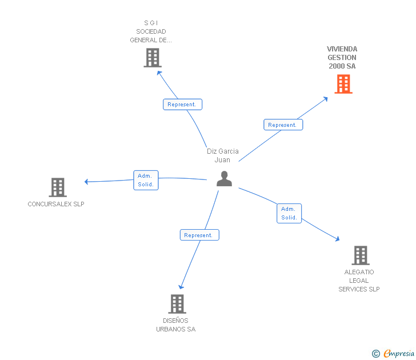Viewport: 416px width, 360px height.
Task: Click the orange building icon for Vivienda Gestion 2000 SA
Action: (x=343, y=84)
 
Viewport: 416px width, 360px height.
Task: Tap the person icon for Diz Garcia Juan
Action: (x=224, y=179)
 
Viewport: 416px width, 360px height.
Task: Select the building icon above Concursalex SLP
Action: (x=58, y=187)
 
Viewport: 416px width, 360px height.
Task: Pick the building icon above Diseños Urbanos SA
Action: (x=178, y=303)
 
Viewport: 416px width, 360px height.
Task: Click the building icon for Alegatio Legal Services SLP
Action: (x=360, y=255)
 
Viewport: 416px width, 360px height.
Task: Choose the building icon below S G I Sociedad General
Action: (x=153, y=58)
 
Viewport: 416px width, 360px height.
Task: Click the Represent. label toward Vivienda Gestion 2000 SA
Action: (x=283, y=125)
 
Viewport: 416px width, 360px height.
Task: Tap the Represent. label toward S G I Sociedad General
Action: (x=182, y=105)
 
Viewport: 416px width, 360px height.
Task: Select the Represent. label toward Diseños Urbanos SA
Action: (x=199, y=235)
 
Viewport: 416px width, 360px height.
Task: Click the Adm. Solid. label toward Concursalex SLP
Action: (x=146, y=180)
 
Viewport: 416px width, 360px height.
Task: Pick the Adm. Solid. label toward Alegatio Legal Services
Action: (x=289, y=213)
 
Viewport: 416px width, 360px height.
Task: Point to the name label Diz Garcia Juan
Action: (x=223, y=155)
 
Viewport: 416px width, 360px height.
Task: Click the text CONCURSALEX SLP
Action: (x=56, y=204)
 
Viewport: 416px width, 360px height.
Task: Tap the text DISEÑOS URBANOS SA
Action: (x=176, y=325)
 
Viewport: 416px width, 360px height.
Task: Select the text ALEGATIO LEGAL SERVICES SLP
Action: (x=359, y=281)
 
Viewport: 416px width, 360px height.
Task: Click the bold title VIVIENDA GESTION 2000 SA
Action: (x=342, y=58)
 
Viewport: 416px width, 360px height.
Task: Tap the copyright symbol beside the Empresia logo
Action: (x=376, y=354)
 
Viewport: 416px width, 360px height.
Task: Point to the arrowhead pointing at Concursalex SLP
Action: (x=87, y=182)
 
